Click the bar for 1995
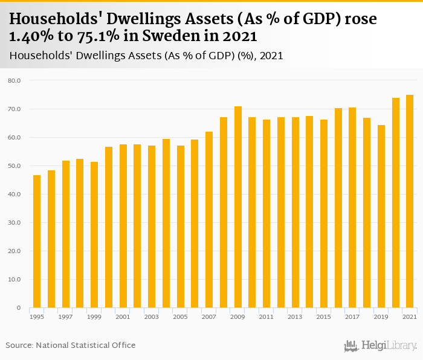(x=37, y=242)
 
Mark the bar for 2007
(x=209, y=220)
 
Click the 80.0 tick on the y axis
(x=15, y=80)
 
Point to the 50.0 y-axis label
(x=15, y=166)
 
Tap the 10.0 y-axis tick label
(x=15, y=280)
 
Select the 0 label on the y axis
(x=19, y=308)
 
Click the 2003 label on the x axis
(x=152, y=317)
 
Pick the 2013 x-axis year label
(x=295, y=317)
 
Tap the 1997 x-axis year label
(x=66, y=317)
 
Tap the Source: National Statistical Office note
(x=71, y=345)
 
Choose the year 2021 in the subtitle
(x=271, y=56)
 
